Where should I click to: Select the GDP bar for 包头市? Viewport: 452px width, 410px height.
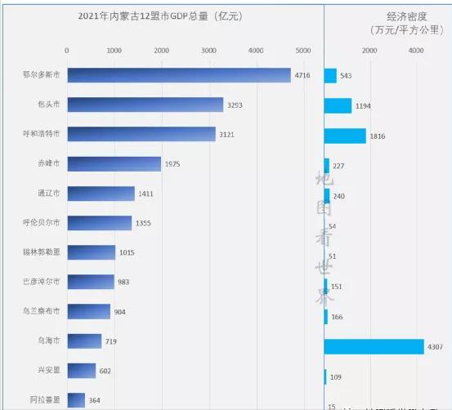pos(145,105)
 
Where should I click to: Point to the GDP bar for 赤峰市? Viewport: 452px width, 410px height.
pos(114,164)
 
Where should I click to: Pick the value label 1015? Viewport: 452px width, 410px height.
pos(127,252)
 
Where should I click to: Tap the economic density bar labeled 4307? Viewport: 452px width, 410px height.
pos(374,346)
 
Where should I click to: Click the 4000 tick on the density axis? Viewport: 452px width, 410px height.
pos(415,51)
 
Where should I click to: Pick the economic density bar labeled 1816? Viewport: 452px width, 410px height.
pos(344,136)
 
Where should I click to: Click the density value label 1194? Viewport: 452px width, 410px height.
pos(364,106)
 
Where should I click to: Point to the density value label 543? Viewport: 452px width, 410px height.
pos(346,76)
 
